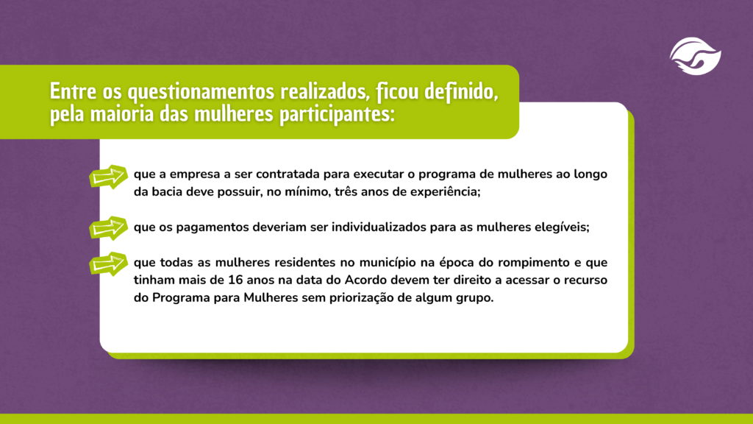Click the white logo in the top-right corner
click(696, 56)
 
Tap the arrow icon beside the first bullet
click(109, 177)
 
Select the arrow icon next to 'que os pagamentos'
click(109, 228)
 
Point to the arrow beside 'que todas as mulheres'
click(109, 264)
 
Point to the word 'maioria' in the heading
click(122, 114)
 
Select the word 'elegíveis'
click(562, 227)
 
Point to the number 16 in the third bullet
click(235, 280)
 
